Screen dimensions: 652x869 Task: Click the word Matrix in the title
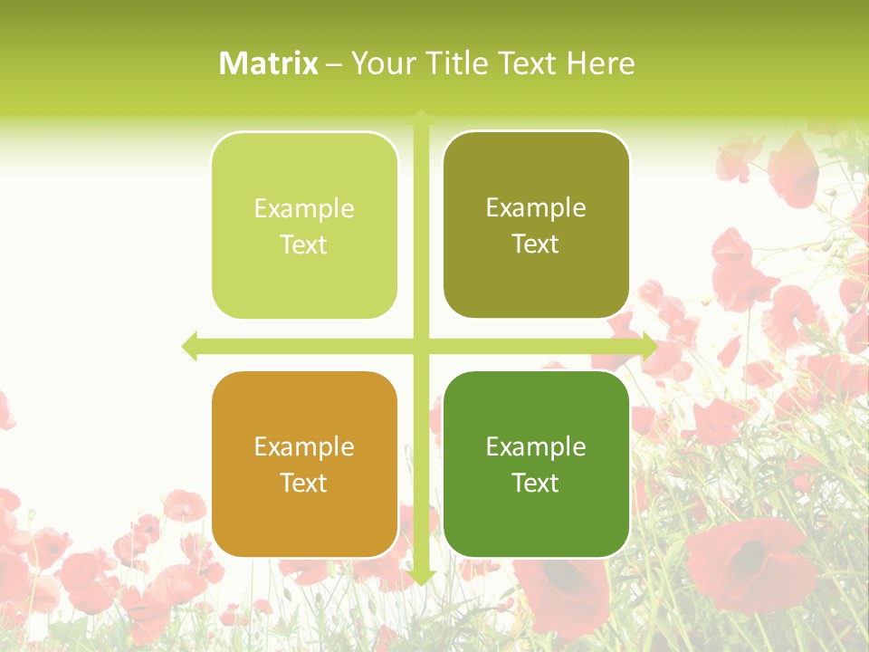269,63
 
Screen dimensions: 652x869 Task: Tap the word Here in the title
601,63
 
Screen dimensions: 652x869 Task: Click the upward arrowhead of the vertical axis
421,117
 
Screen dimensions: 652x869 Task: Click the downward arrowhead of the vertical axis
421,577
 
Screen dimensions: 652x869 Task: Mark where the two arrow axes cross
421,346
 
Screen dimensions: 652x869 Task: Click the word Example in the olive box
536,208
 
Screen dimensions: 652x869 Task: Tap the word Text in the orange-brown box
304,484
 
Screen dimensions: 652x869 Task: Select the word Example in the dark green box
536,446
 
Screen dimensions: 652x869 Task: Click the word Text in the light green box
304,245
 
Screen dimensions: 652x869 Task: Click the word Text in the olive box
536,244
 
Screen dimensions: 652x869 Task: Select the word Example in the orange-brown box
304,446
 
